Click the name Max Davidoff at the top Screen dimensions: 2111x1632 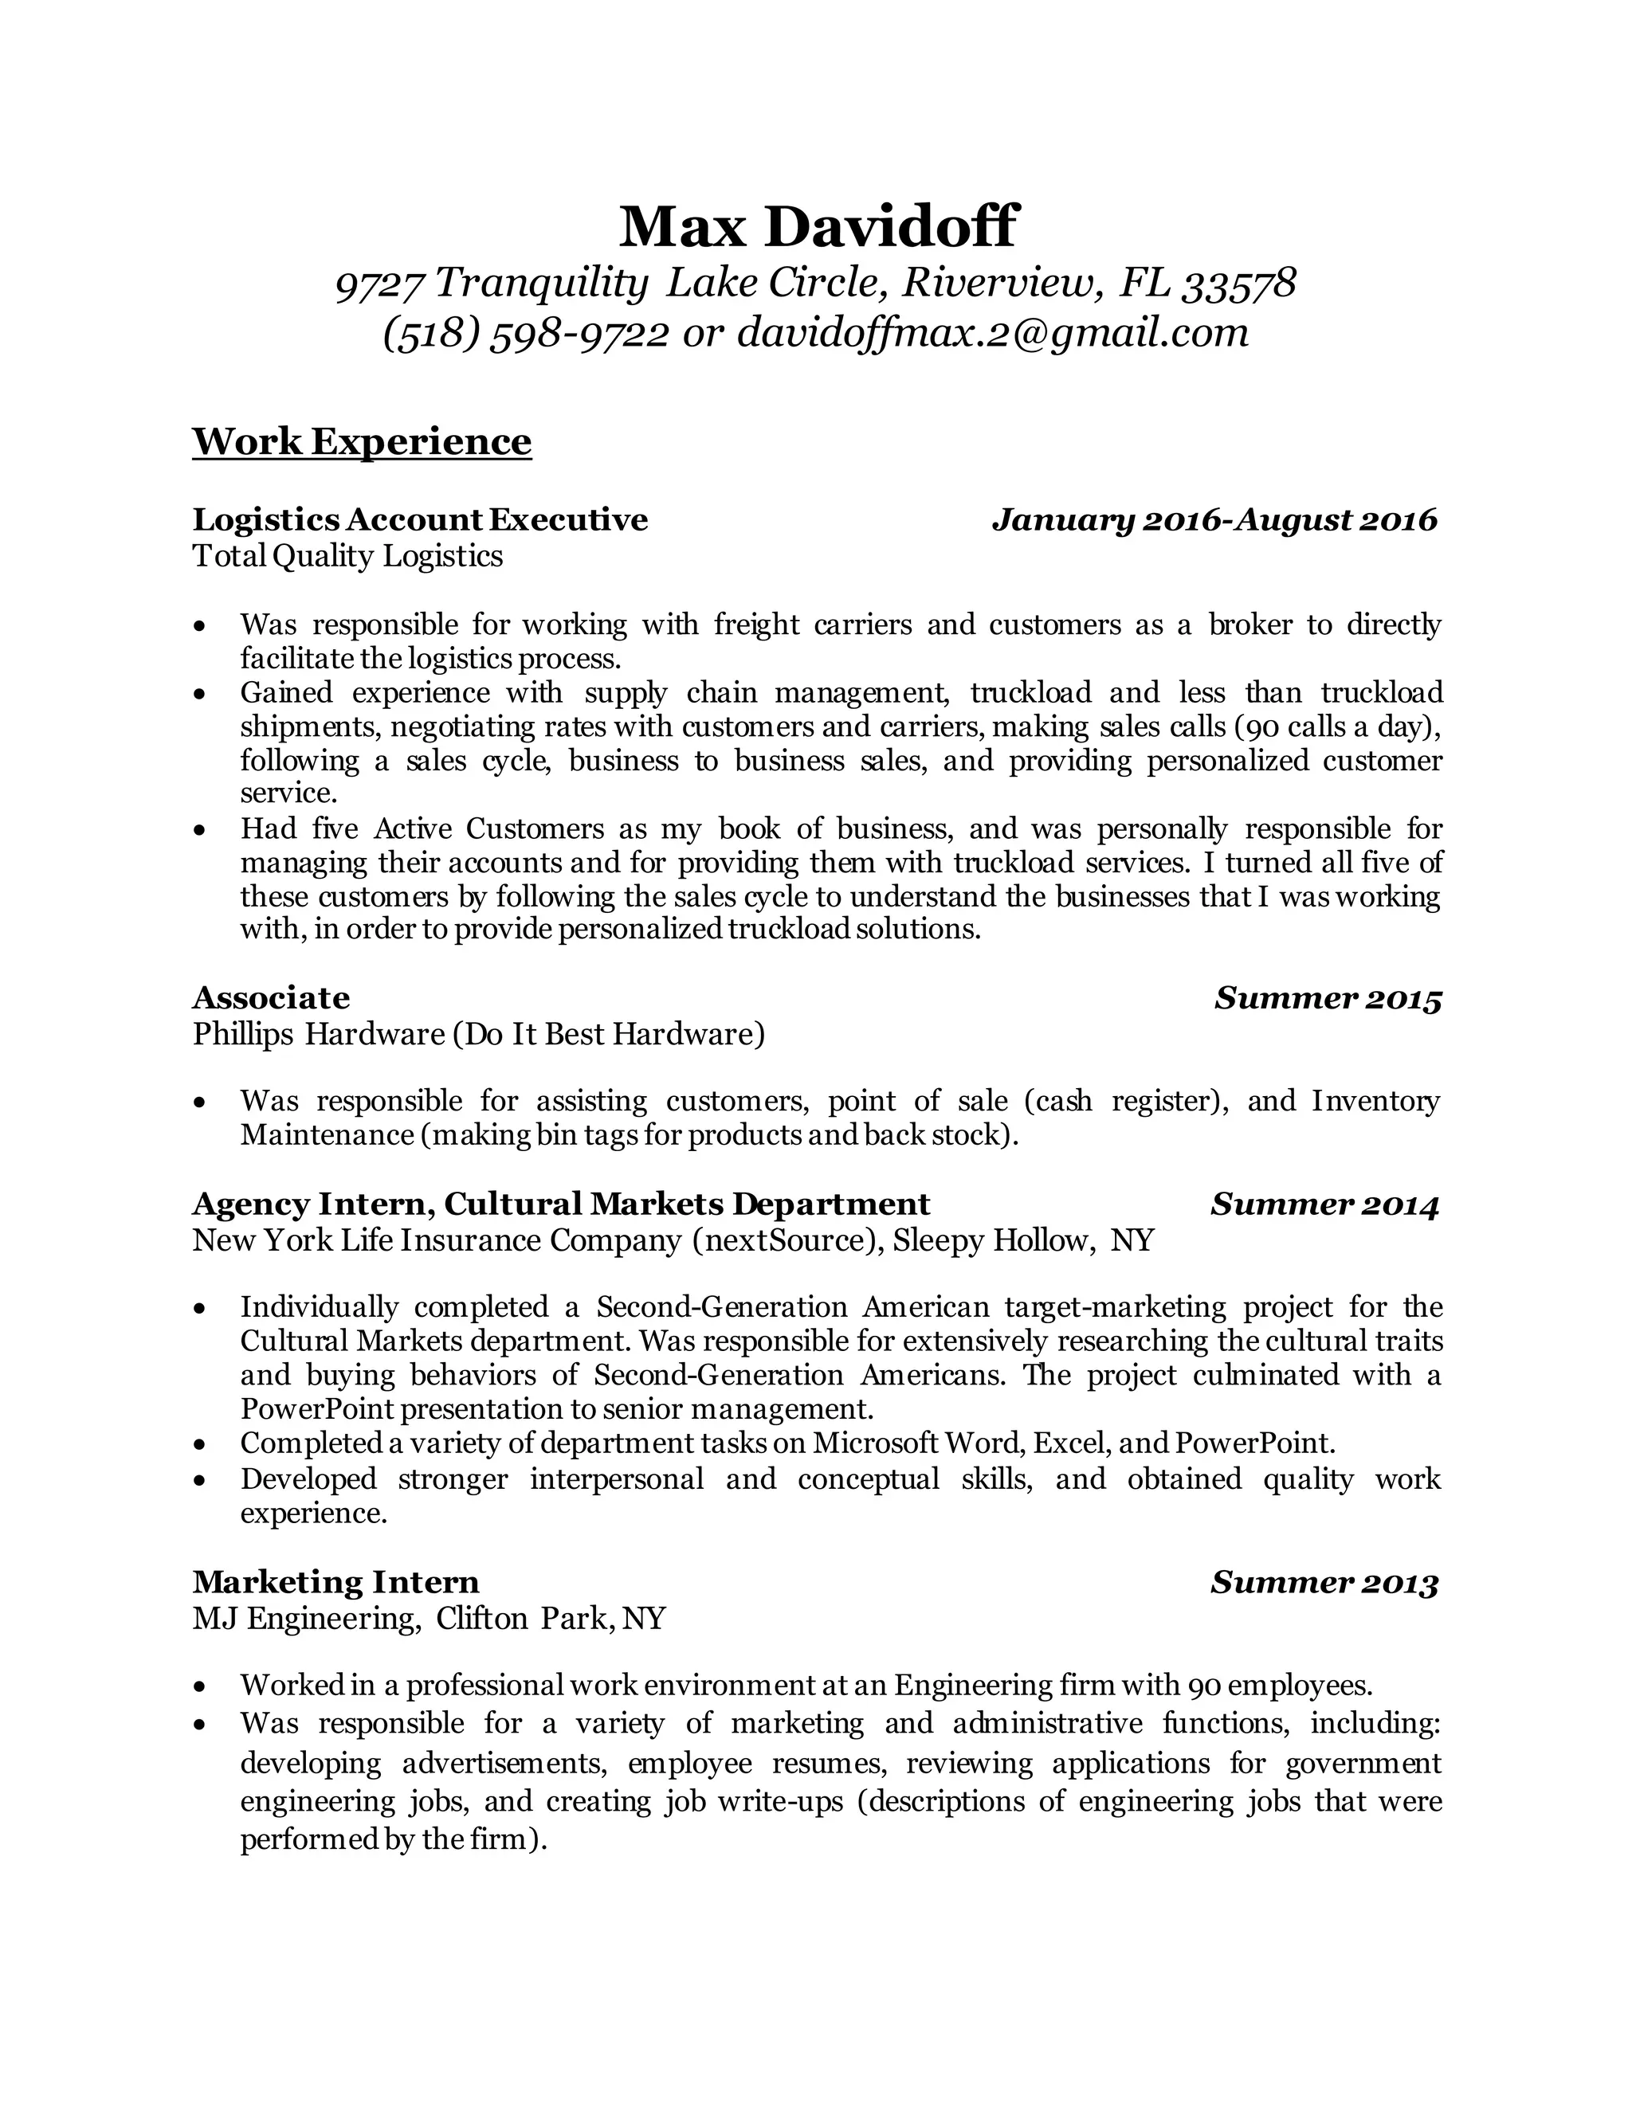pyautogui.click(x=817, y=226)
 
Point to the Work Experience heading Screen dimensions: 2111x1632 pyautogui.click(x=362, y=442)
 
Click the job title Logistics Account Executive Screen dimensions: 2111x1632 pyautogui.click(x=420, y=520)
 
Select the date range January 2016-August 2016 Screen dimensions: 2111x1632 pyautogui.click(x=1215, y=520)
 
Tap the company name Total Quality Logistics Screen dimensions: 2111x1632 pyautogui.click(x=347, y=556)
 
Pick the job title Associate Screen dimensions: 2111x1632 pyautogui.click(x=271, y=997)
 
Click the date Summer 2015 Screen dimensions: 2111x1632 pyautogui.click(x=1328, y=997)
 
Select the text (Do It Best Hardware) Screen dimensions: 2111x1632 pyautogui.click(x=608, y=1034)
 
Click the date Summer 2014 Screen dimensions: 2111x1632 pyautogui.click(x=1324, y=1204)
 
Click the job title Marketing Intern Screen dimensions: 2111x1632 pyautogui.click(x=335, y=1582)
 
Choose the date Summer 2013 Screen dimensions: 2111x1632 pyautogui.click(x=1324, y=1582)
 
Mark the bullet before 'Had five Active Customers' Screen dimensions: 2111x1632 pyautogui.click(x=199, y=830)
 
